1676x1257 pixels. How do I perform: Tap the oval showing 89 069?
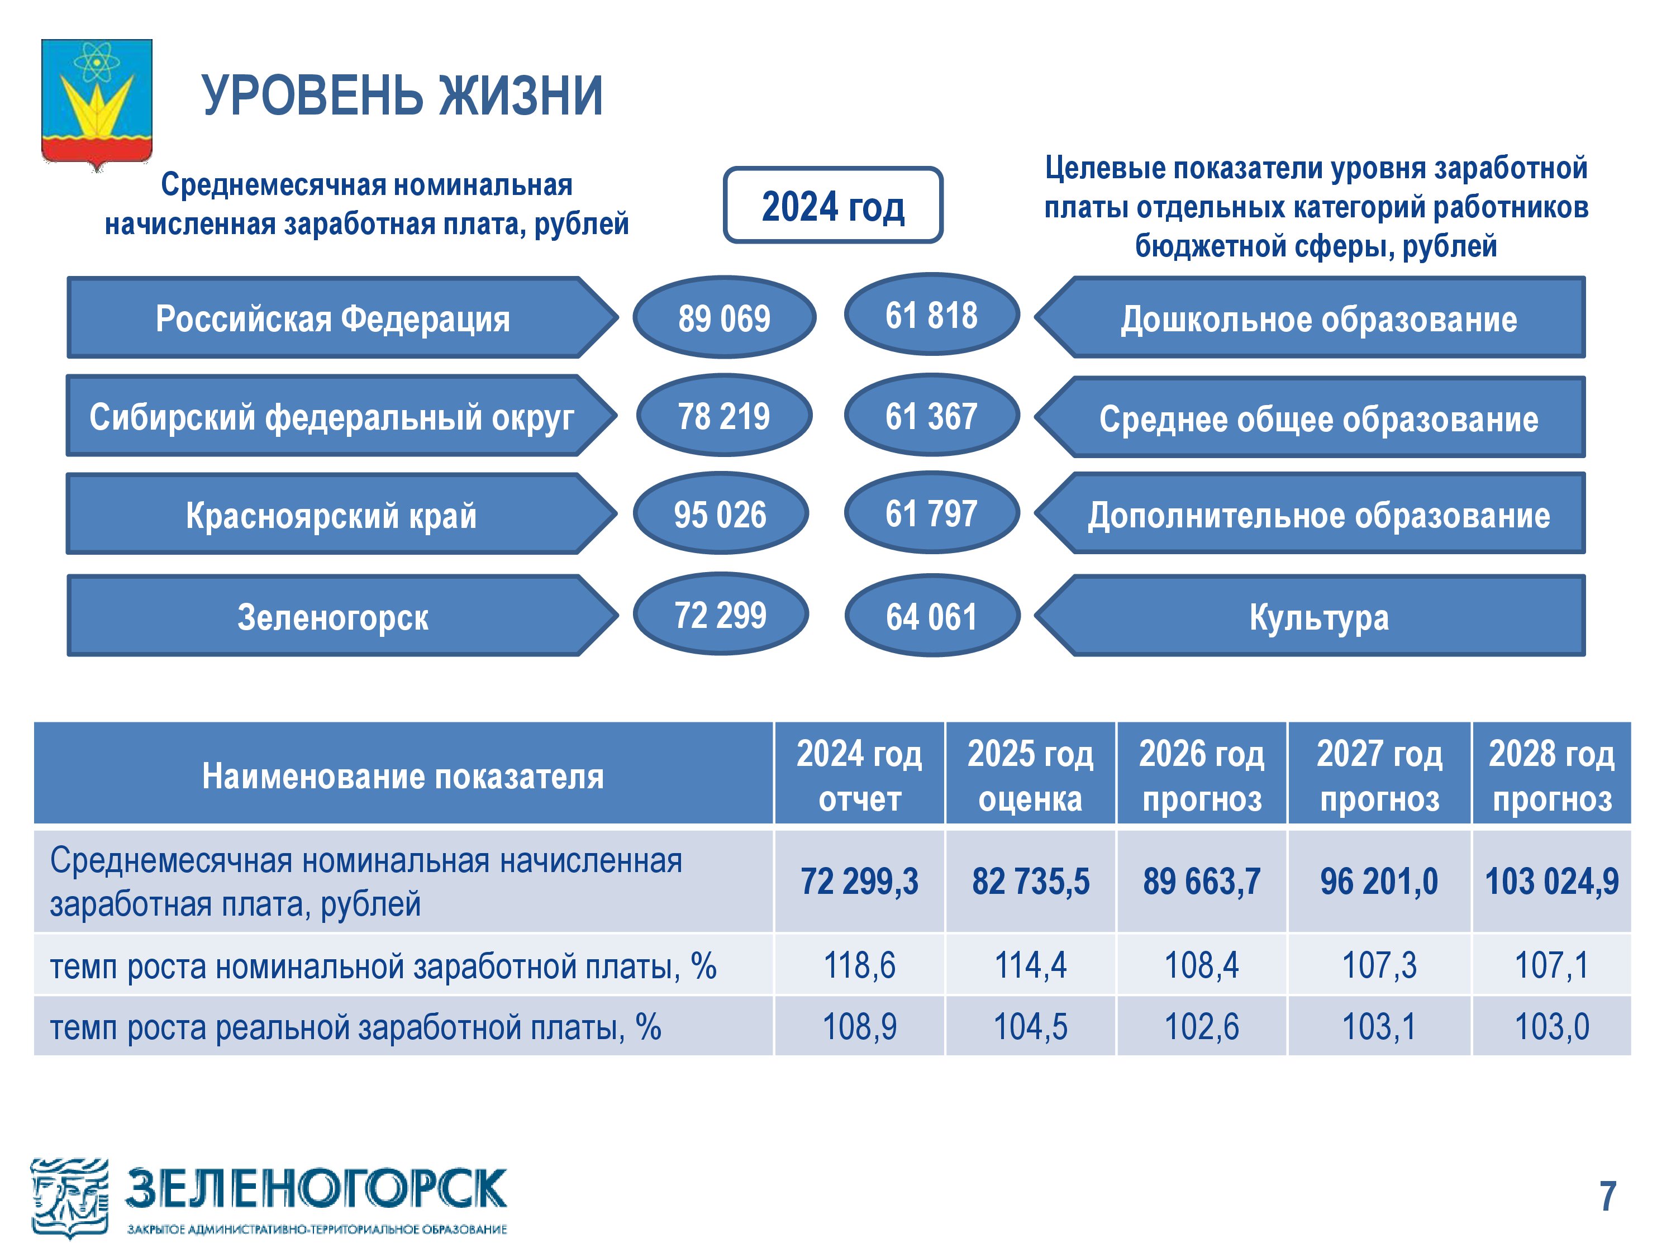click(725, 317)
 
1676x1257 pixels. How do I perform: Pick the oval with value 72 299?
click(721, 614)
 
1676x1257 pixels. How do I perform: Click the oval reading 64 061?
click(932, 615)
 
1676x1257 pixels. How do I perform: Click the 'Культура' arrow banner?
click(1310, 615)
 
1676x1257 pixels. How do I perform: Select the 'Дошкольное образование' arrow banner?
click(1310, 317)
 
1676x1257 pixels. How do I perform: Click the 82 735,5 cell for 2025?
click(1030, 881)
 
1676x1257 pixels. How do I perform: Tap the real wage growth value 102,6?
click(1202, 1027)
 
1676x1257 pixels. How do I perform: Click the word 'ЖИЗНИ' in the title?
click(521, 96)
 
